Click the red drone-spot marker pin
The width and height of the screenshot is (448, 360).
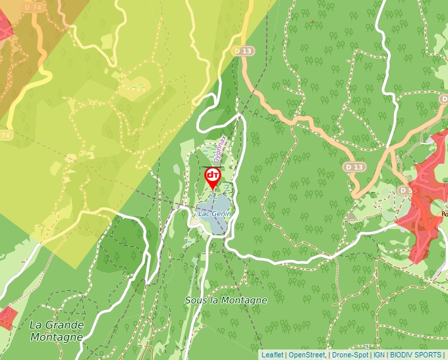tap(213, 177)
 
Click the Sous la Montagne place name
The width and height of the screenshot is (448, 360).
tap(226, 300)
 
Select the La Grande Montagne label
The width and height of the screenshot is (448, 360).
tap(57, 331)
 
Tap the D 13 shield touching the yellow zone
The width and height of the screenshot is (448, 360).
tap(243, 51)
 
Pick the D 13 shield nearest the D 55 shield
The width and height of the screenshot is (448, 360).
tap(354, 167)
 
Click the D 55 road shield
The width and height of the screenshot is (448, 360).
tap(406, 190)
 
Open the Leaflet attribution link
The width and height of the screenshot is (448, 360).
tap(272, 355)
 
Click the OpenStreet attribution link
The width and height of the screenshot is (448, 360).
tap(306, 355)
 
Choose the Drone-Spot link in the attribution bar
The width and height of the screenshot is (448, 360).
tap(349, 355)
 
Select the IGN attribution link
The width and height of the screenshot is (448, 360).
tap(379, 355)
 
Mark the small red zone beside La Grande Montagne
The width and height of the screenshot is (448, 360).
tap(7, 317)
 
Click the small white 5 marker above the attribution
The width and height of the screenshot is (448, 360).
tap(368, 346)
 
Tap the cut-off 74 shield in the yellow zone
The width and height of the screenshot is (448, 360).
tap(6, 134)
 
